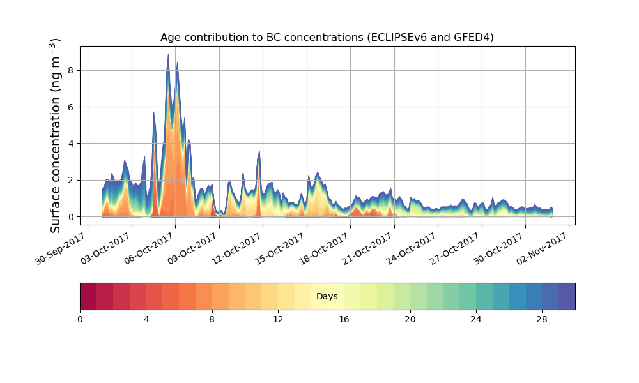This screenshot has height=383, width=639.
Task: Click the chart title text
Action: point(327,38)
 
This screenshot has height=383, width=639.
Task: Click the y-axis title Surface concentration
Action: point(56,135)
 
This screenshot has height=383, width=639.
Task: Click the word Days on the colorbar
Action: point(327,297)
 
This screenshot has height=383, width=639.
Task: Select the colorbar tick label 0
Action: point(80,319)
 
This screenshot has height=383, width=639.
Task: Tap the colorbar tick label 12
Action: point(278,319)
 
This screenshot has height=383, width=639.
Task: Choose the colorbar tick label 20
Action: point(410,319)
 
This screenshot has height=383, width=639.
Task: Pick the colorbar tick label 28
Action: point(542,319)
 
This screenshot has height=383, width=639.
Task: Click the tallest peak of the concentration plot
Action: point(169,56)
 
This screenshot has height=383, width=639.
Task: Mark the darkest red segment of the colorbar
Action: point(88,296)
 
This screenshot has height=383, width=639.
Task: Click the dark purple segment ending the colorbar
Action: point(567,296)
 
